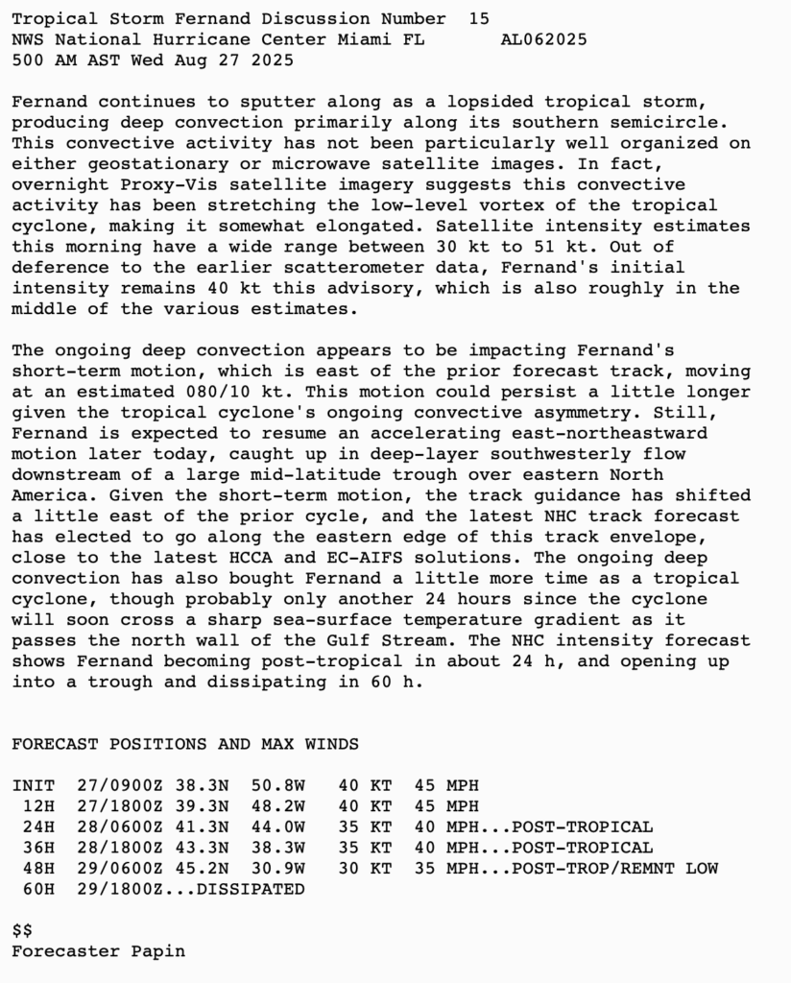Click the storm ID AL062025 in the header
click(x=544, y=39)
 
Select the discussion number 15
click(x=479, y=18)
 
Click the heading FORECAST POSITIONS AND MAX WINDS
click(x=185, y=744)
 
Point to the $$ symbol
click(x=22, y=931)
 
